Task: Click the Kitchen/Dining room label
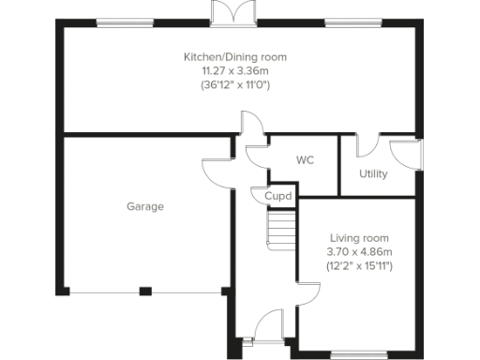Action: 234,57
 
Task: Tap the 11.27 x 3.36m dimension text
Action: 234,70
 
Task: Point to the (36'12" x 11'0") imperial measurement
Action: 234,84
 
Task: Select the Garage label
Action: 145,206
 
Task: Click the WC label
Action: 305,160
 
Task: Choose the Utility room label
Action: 373,174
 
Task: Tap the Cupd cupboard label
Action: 278,197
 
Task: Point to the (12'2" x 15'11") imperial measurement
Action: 359,266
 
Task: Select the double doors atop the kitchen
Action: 232,13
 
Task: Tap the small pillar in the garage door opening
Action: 145,291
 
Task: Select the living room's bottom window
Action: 355,353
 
